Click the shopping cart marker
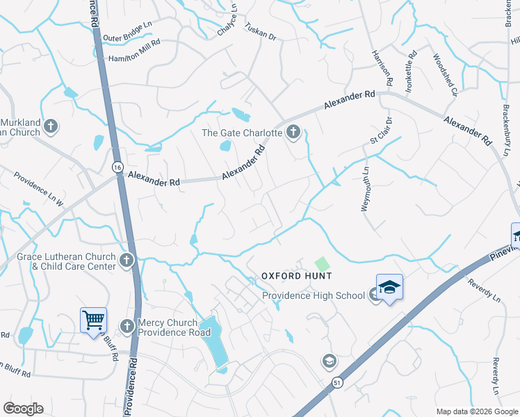[x=93, y=320]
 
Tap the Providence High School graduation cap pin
[x=389, y=287]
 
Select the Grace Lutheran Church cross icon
[x=126, y=261]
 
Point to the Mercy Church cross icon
[x=127, y=326]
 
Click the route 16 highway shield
[x=117, y=167]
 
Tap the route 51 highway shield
[x=337, y=383]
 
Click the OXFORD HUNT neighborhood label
[x=296, y=276]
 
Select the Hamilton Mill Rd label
[x=135, y=59]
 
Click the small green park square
[x=322, y=264]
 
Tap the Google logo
[x=23, y=409]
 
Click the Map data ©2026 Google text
[x=476, y=411]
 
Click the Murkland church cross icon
[x=49, y=126]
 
